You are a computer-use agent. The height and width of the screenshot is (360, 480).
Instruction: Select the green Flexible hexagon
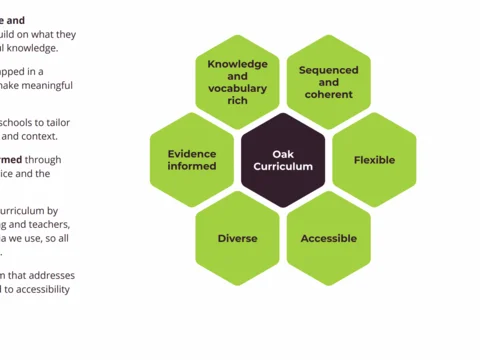[x=375, y=160]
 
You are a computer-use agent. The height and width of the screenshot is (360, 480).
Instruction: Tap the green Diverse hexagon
[x=238, y=239]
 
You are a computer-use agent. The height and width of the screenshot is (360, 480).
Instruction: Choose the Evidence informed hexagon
[x=192, y=160]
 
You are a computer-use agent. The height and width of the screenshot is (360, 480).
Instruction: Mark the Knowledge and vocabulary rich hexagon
[x=238, y=81]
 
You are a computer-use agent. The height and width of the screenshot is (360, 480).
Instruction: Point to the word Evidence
[x=192, y=153]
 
